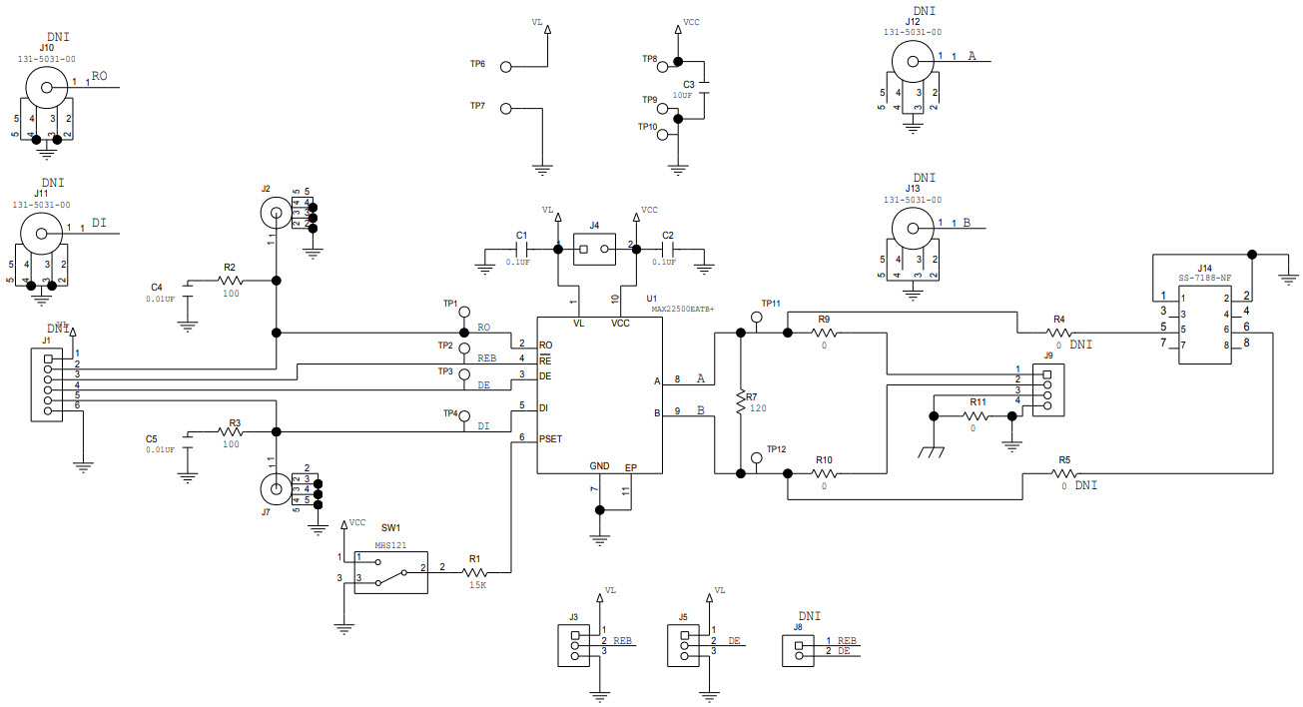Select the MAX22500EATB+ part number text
pos(683,310)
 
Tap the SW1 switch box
pos(390,571)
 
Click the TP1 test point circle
pos(463,313)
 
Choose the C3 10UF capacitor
pos(705,87)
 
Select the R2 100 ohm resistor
pos(231,282)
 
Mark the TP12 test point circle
pos(756,458)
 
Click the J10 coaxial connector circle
pos(46,88)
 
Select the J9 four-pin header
pos(1046,389)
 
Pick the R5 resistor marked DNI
pos(1064,473)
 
